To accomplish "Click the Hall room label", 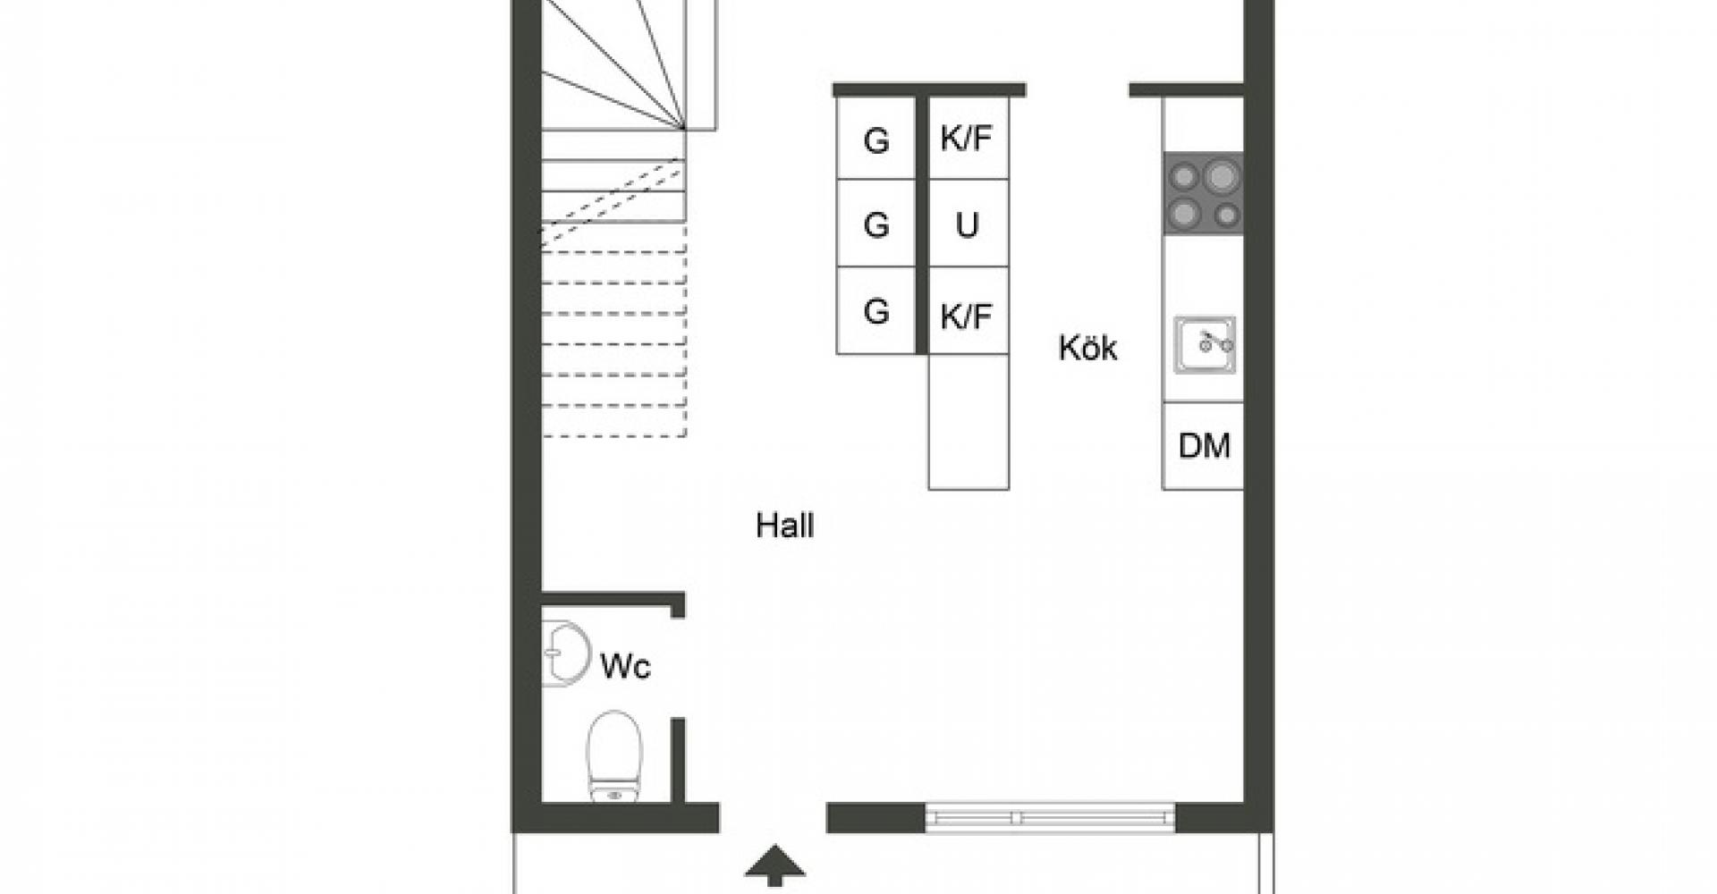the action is click(784, 526).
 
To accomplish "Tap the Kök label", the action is click(1087, 348).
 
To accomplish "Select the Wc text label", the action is click(625, 666).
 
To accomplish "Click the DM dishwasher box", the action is click(1203, 445).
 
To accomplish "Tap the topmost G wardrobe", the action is click(875, 139).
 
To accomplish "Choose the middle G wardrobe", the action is click(875, 223).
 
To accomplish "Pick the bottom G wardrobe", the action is click(875, 311).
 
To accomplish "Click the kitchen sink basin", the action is click(1205, 344).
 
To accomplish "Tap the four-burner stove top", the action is click(1204, 191).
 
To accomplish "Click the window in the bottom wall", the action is click(1050, 817).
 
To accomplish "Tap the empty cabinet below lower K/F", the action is click(968, 422).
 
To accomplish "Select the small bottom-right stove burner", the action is click(1227, 215).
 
